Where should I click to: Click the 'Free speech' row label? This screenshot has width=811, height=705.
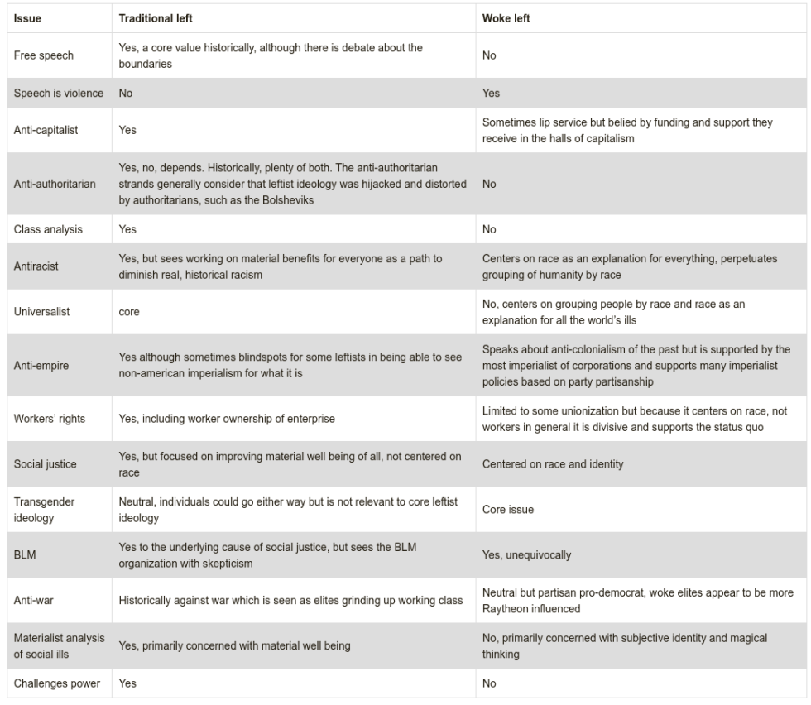tap(45, 55)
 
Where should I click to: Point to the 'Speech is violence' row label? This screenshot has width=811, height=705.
tap(60, 94)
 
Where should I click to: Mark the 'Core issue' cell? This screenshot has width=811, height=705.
tap(508, 510)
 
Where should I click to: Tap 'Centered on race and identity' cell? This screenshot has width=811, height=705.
tap(553, 465)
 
